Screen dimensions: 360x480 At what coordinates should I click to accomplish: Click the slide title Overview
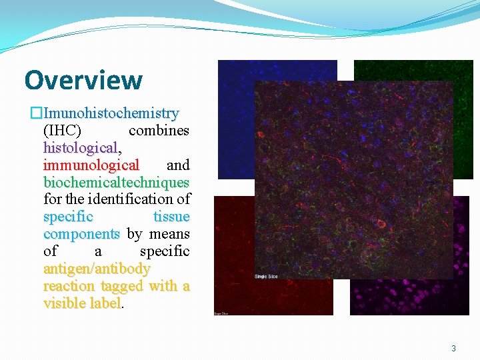tap(83, 80)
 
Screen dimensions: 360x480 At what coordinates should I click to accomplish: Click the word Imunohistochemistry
tap(111, 113)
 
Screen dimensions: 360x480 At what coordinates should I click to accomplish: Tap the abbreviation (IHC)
tap(62, 131)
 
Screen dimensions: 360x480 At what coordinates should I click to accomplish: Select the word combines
tap(159, 131)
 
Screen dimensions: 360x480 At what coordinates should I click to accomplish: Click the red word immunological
tap(91, 165)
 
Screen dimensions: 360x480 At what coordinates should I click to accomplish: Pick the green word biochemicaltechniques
tap(117, 183)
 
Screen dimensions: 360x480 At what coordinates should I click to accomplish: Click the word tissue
tap(171, 217)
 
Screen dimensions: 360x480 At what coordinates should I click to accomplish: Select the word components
tap(81, 234)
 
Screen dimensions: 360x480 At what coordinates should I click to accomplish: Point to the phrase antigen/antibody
tap(97, 269)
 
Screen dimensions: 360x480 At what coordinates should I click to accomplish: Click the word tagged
tap(122, 286)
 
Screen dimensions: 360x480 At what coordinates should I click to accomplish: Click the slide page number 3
tap(453, 349)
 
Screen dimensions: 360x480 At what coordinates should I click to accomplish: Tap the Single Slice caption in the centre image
tap(267, 276)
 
